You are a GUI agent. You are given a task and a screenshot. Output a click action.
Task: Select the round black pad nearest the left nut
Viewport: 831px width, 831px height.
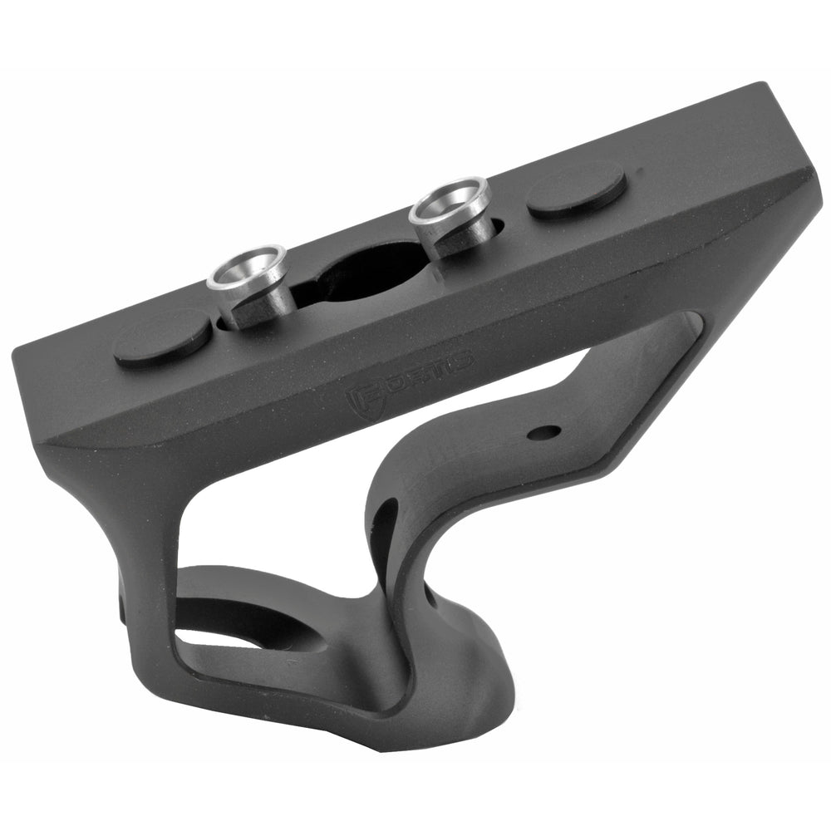click(x=162, y=338)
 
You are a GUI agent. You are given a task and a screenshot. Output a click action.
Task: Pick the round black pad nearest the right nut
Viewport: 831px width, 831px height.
click(x=576, y=189)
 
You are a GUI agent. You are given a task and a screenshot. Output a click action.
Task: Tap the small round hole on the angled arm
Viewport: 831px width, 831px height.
click(x=543, y=432)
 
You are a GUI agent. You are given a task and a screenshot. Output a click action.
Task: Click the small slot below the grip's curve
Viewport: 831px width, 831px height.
click(x=430, y=595)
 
